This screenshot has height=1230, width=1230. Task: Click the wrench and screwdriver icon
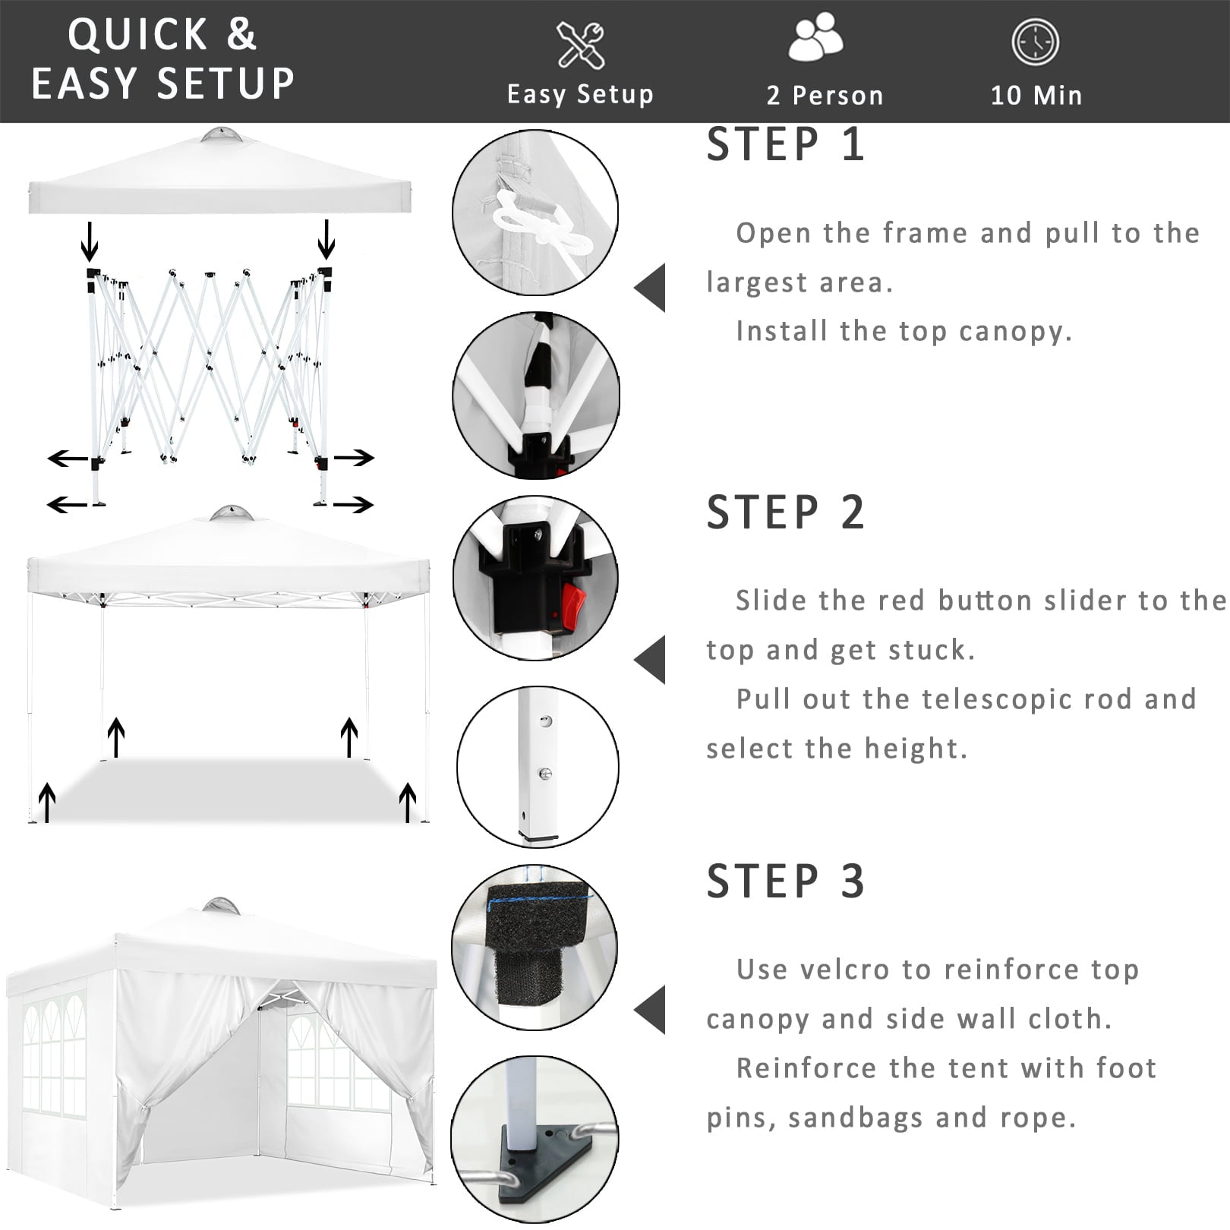pyautogui.click(x=581, y=46)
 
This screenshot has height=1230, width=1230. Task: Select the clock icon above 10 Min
pyautogui.click(x=1035, y=43)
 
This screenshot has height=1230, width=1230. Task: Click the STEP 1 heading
pyautogui.click(x=786, y=144)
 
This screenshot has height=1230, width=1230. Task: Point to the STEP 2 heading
pyautogui.click(x=786, y=512)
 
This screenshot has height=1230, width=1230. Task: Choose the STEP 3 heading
pyautogui.click(x=786, y=881)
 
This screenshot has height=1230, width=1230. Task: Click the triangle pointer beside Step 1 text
pyautogui.click(x=651, y=288)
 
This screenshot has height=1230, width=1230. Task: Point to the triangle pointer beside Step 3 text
pyautogui.click(x=651, y=1010)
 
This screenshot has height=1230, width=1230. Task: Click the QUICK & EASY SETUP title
pyautogui.click(x=162, y=59)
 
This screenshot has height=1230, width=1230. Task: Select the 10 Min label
pyautogui.click(x=1036, y=96)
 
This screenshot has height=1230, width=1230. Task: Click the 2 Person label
pyautogui.click(x=825, y=96)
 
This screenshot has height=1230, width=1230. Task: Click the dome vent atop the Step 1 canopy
pyautogui.click(x=222, y=136)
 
